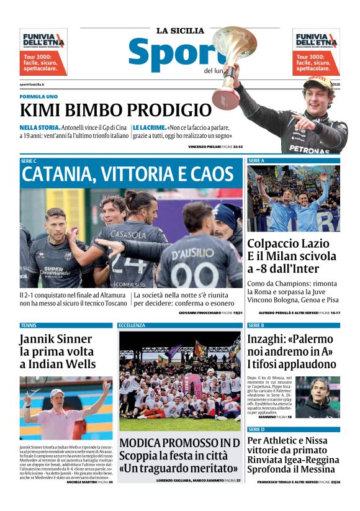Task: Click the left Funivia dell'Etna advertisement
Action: point(43,52)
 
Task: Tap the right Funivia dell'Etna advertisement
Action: point(316,52)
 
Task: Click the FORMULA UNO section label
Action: point(38,97)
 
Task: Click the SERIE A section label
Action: point(256,160)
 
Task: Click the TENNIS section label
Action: point(29,325)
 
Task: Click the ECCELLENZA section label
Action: point(132,325)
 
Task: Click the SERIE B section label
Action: point(256,325)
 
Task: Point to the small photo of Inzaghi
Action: point(317,397)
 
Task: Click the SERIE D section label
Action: point(256,429)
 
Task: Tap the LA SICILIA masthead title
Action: point(180,30)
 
